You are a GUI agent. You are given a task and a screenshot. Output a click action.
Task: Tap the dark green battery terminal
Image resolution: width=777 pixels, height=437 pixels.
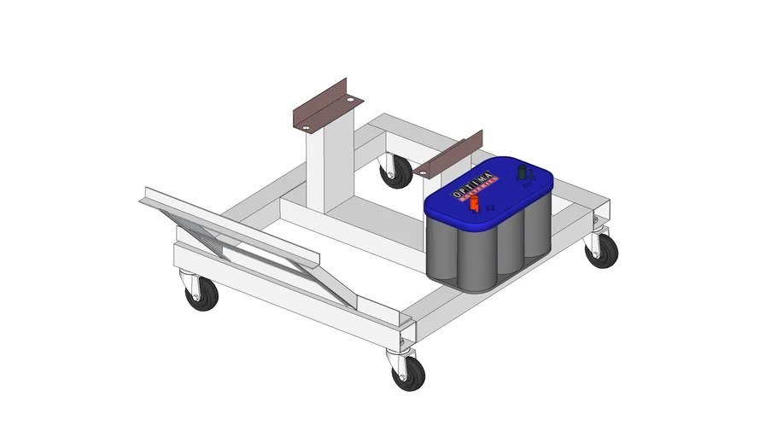522,173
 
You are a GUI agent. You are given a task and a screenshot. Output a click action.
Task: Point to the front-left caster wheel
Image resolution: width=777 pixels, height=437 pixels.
203,295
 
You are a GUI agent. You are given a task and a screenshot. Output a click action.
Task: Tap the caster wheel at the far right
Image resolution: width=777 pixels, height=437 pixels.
604,251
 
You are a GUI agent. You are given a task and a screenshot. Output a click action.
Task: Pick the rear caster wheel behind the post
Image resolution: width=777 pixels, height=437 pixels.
396,173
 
